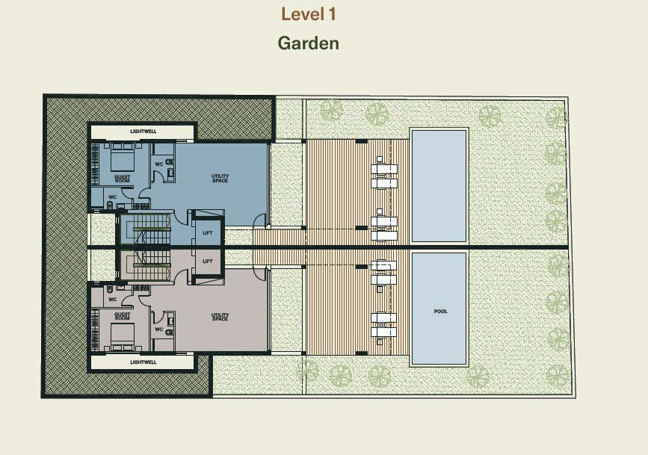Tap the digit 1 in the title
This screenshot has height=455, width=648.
(x=332, y=14)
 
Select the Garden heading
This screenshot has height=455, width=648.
(x=308, y=43)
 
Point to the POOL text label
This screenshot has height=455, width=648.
(x=440, y=312)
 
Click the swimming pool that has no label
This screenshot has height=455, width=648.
(x=439, y=185)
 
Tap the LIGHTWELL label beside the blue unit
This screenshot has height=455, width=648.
(x=143, y=131)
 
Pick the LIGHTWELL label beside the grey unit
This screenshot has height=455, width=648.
(x=143, y=362)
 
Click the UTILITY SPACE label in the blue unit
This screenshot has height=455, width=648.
(x=220, y=178)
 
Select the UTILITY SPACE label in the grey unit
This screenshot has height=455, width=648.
(x=220, y=317)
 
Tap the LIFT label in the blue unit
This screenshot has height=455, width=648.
(x=208, y=233)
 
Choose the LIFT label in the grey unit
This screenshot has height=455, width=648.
(x=208, y=261)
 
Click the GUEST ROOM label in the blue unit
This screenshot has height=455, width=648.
(x=123, y=179)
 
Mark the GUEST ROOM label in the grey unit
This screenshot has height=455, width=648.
(x=123, y=316)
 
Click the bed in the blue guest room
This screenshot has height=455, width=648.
(x=123, y=157)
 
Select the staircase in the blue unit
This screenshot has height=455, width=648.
(x=146, y=229)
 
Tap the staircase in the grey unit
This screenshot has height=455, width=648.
(x=146, y=265)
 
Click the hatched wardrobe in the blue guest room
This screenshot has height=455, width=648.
(x=95, y=164)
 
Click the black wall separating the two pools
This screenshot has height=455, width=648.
(x=439, y=247)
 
